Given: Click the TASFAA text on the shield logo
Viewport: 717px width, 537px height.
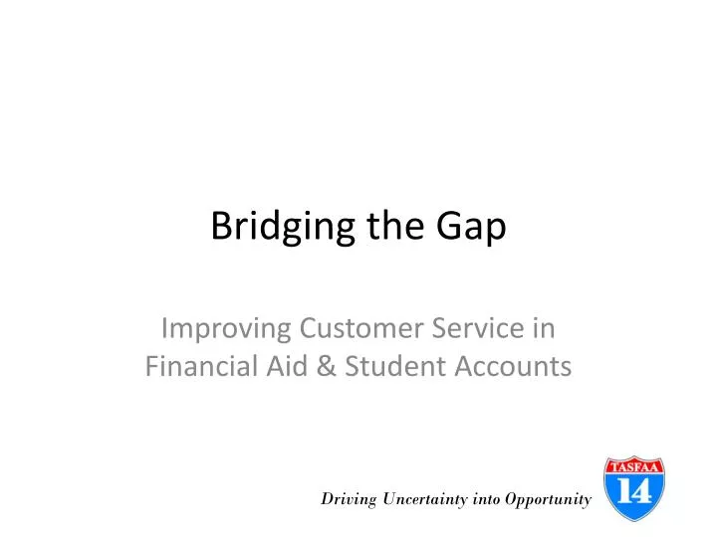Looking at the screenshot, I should tap(635, 465).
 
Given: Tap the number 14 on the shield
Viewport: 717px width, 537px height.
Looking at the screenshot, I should tap(635, 489).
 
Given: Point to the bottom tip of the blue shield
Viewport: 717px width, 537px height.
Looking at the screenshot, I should tap(635, 520).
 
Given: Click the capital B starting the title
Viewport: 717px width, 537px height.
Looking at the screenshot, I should tap(221, 227).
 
